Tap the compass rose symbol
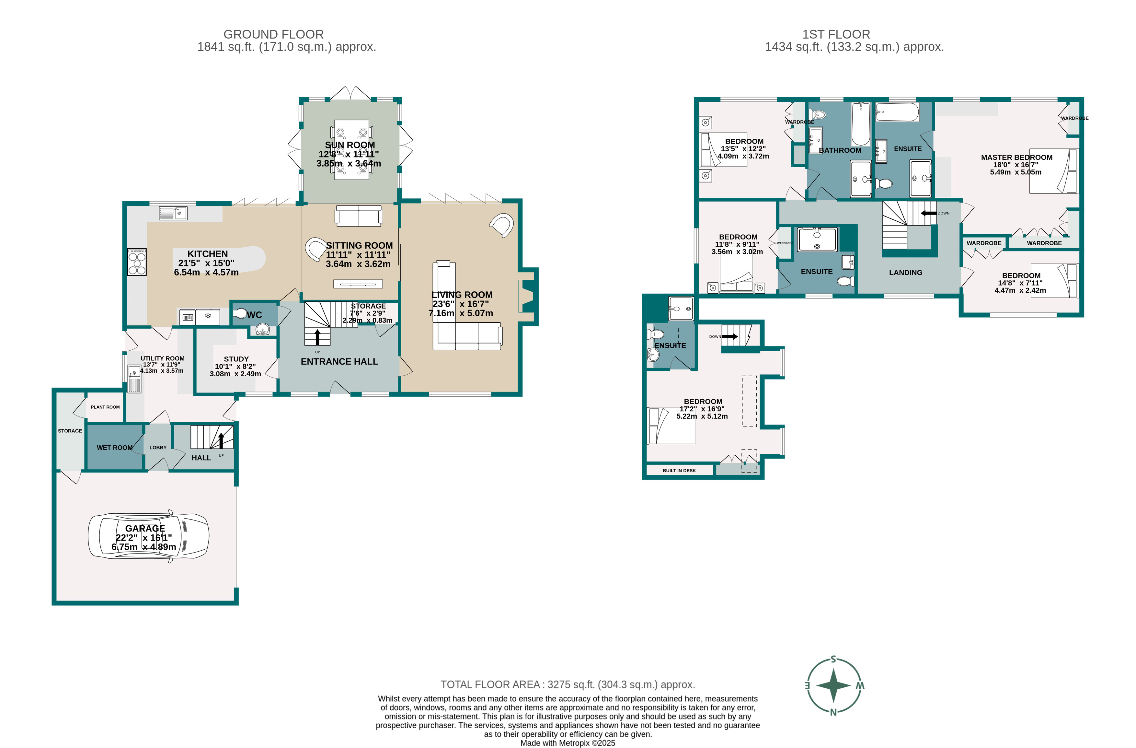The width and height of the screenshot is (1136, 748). pyautogui.click(x=833, y=685)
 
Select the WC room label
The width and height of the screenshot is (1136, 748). pyautogui.click(x=254, y=315)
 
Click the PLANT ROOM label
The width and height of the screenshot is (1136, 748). pyautogui.click(x=105, y=407)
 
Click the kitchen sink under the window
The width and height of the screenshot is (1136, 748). pyautogui.click(x=173, y=213)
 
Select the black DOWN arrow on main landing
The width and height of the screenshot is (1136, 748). pyautogui.click(x=928, y=213)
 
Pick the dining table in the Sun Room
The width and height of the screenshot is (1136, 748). pyautogui.click(x=351, y=149)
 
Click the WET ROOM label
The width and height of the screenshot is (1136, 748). pyautogui.click(x=115, y=448)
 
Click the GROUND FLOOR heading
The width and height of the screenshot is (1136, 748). pyautogui.click(x=273, y=34)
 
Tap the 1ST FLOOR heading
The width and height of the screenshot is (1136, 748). pyautogui.click(x=836, y=34)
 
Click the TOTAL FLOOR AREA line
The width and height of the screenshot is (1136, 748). pyautogui.click(x=568, y=684)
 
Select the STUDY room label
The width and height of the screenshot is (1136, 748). pyautogui.click(x=236, y=359)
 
